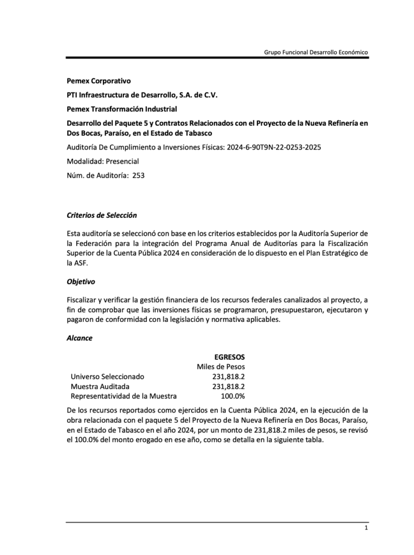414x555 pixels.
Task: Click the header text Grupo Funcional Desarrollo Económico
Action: point(316,52)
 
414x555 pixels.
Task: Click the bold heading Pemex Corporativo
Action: point(99,81)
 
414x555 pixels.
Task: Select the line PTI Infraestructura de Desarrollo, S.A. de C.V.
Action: point(142,95)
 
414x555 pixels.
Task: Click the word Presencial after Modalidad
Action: point(123,161)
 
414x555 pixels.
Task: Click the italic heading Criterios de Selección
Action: point(102,215)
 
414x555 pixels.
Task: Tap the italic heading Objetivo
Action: point(81,282)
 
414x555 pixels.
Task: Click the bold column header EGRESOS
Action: point(229,357)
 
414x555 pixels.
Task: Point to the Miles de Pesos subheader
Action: point(221,367)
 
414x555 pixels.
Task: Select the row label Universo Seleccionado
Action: point(108,377)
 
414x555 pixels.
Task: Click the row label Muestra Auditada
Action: point(100,386)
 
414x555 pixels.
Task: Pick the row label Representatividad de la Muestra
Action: point(124,396)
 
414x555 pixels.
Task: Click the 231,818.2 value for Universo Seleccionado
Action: point(228,377)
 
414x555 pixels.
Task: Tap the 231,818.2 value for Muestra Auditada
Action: point(228,386)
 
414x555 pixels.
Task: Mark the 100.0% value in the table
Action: point(232,396)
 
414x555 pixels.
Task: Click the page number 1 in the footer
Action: point(366,528)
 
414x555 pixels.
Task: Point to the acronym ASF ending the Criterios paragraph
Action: point(79,263)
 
